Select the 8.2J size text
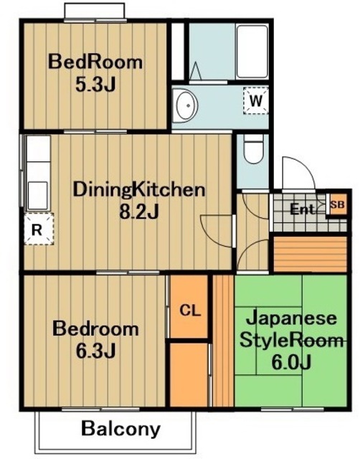[139, 212]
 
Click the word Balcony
[120, 430]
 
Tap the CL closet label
[189, 311]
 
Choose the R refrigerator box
[35, 229]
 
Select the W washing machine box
[255, 100]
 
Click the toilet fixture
[252, 151]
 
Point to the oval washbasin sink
[185, 105]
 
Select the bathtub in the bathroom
[251, 52]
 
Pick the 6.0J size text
[291, 362]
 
